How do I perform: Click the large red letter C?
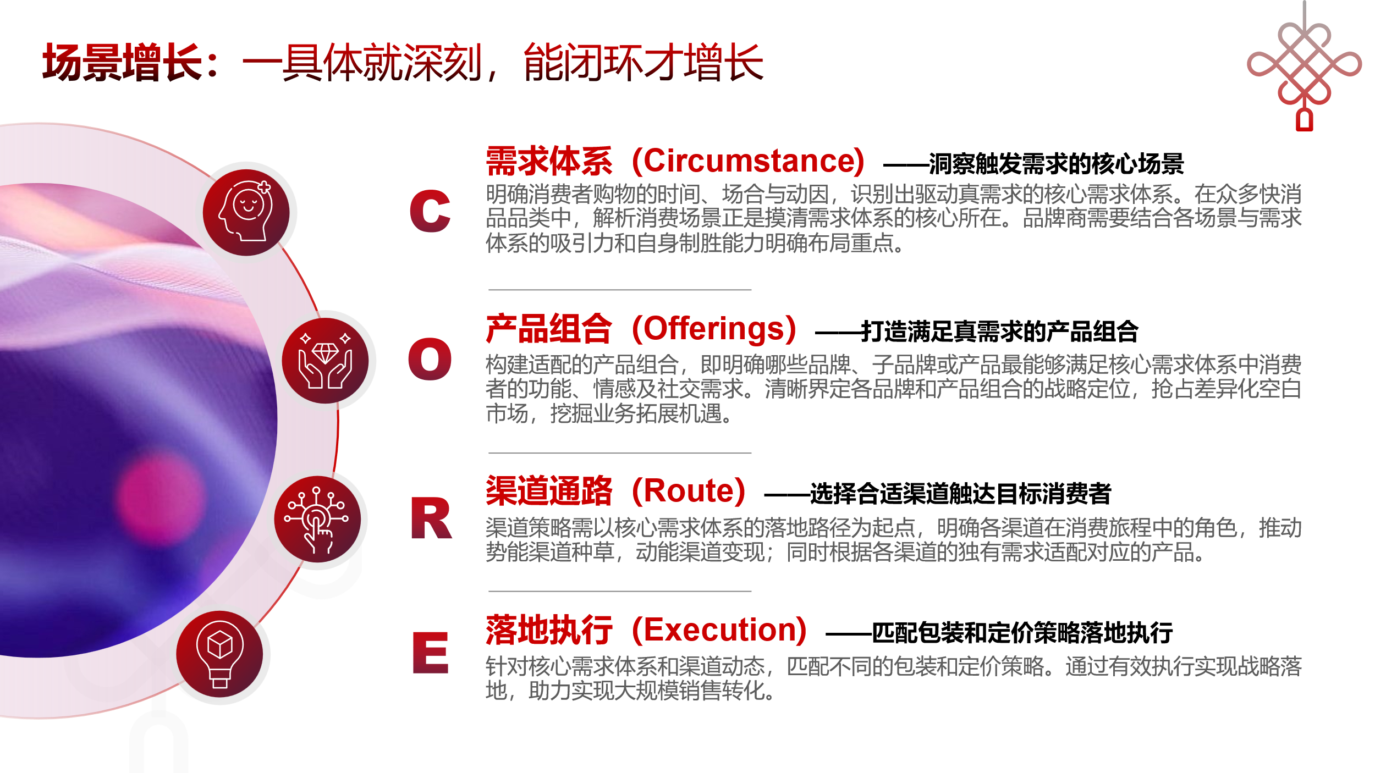click(430, 211)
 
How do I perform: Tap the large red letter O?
click(430, 359)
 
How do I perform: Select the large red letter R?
click(431, 518)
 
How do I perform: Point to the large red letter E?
click(431, 653)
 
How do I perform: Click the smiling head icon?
click(246, 212)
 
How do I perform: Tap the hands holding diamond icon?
click(325, 361)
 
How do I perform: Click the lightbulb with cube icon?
click(220, 654)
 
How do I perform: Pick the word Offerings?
click(714, 329)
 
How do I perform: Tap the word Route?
click(689, 490)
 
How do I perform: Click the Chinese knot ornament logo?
click(1304, 66)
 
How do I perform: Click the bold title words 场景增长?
click(123, 63)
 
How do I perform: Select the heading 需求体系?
click(549, 161)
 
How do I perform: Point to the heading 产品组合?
click(549, 329)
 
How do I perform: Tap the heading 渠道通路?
click(549, 490)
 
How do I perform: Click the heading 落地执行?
click(549, 630)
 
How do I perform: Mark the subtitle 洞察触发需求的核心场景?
click(1056, 164)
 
